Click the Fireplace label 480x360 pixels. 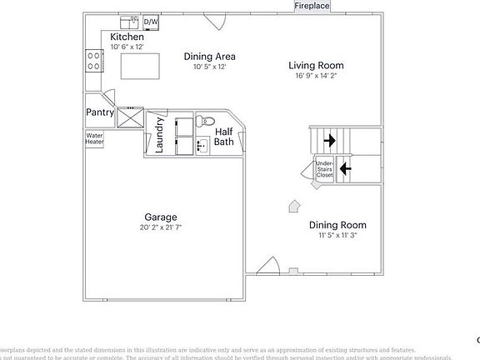tap(312, 6)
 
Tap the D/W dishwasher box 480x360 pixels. tap(151, 22)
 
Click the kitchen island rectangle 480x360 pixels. tap(139, 65)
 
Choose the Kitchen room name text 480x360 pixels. tap(127, 37)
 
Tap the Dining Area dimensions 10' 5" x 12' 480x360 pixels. tap(210, 67)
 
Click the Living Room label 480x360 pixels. tap(316, 65)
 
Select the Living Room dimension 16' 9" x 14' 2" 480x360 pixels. tap(316, 76)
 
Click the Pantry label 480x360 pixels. tap(99, 112)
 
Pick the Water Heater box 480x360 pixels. tap(94, 138)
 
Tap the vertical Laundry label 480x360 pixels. tap(159, 135)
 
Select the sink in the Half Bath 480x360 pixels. tap(202, 146)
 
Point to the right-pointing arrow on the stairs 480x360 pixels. tap(330, 140)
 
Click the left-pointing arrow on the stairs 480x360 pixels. tap(345, 168)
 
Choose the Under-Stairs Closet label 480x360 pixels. tap(324, 170)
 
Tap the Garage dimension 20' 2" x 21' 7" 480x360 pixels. tap(161, 227)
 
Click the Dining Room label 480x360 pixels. tap(337, 225)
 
